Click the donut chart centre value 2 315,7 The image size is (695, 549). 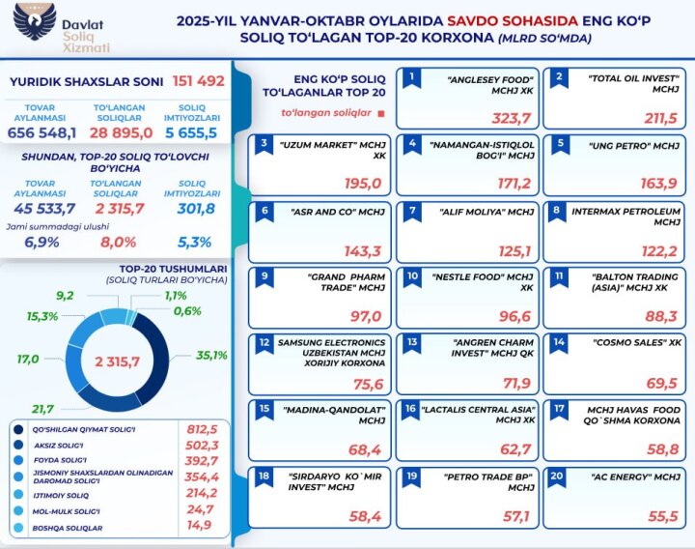[x=124, y=361]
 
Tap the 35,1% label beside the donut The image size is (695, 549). [x=210, y=356]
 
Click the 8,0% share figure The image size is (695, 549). [x=120, y=243]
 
